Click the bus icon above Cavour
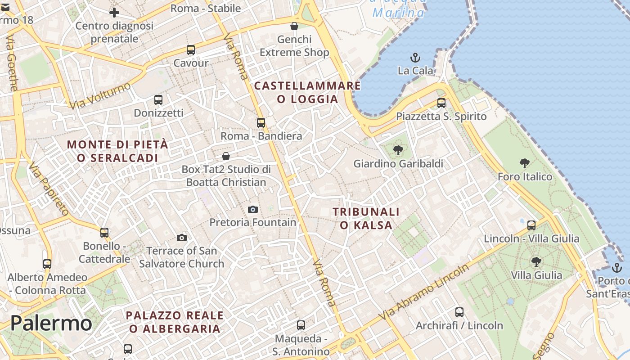(191, 49)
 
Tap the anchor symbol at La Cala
(415, 58)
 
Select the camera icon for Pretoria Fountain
(253, 209)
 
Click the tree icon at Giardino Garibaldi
(398, 150)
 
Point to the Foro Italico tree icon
(524, 163)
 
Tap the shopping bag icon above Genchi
(294, 26)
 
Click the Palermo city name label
(51, 323)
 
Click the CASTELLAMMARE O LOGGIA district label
(308, 92)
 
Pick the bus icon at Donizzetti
(158, 100)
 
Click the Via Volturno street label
(100, 95)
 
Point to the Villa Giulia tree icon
(536, 261)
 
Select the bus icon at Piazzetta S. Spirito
(441, 103)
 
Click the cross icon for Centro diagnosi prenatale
(114, 12)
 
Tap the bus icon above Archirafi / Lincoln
(459, 312)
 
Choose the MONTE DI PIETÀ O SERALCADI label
(117, 151)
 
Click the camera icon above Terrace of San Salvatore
(182, 238)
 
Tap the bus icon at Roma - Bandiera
(261, 122)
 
